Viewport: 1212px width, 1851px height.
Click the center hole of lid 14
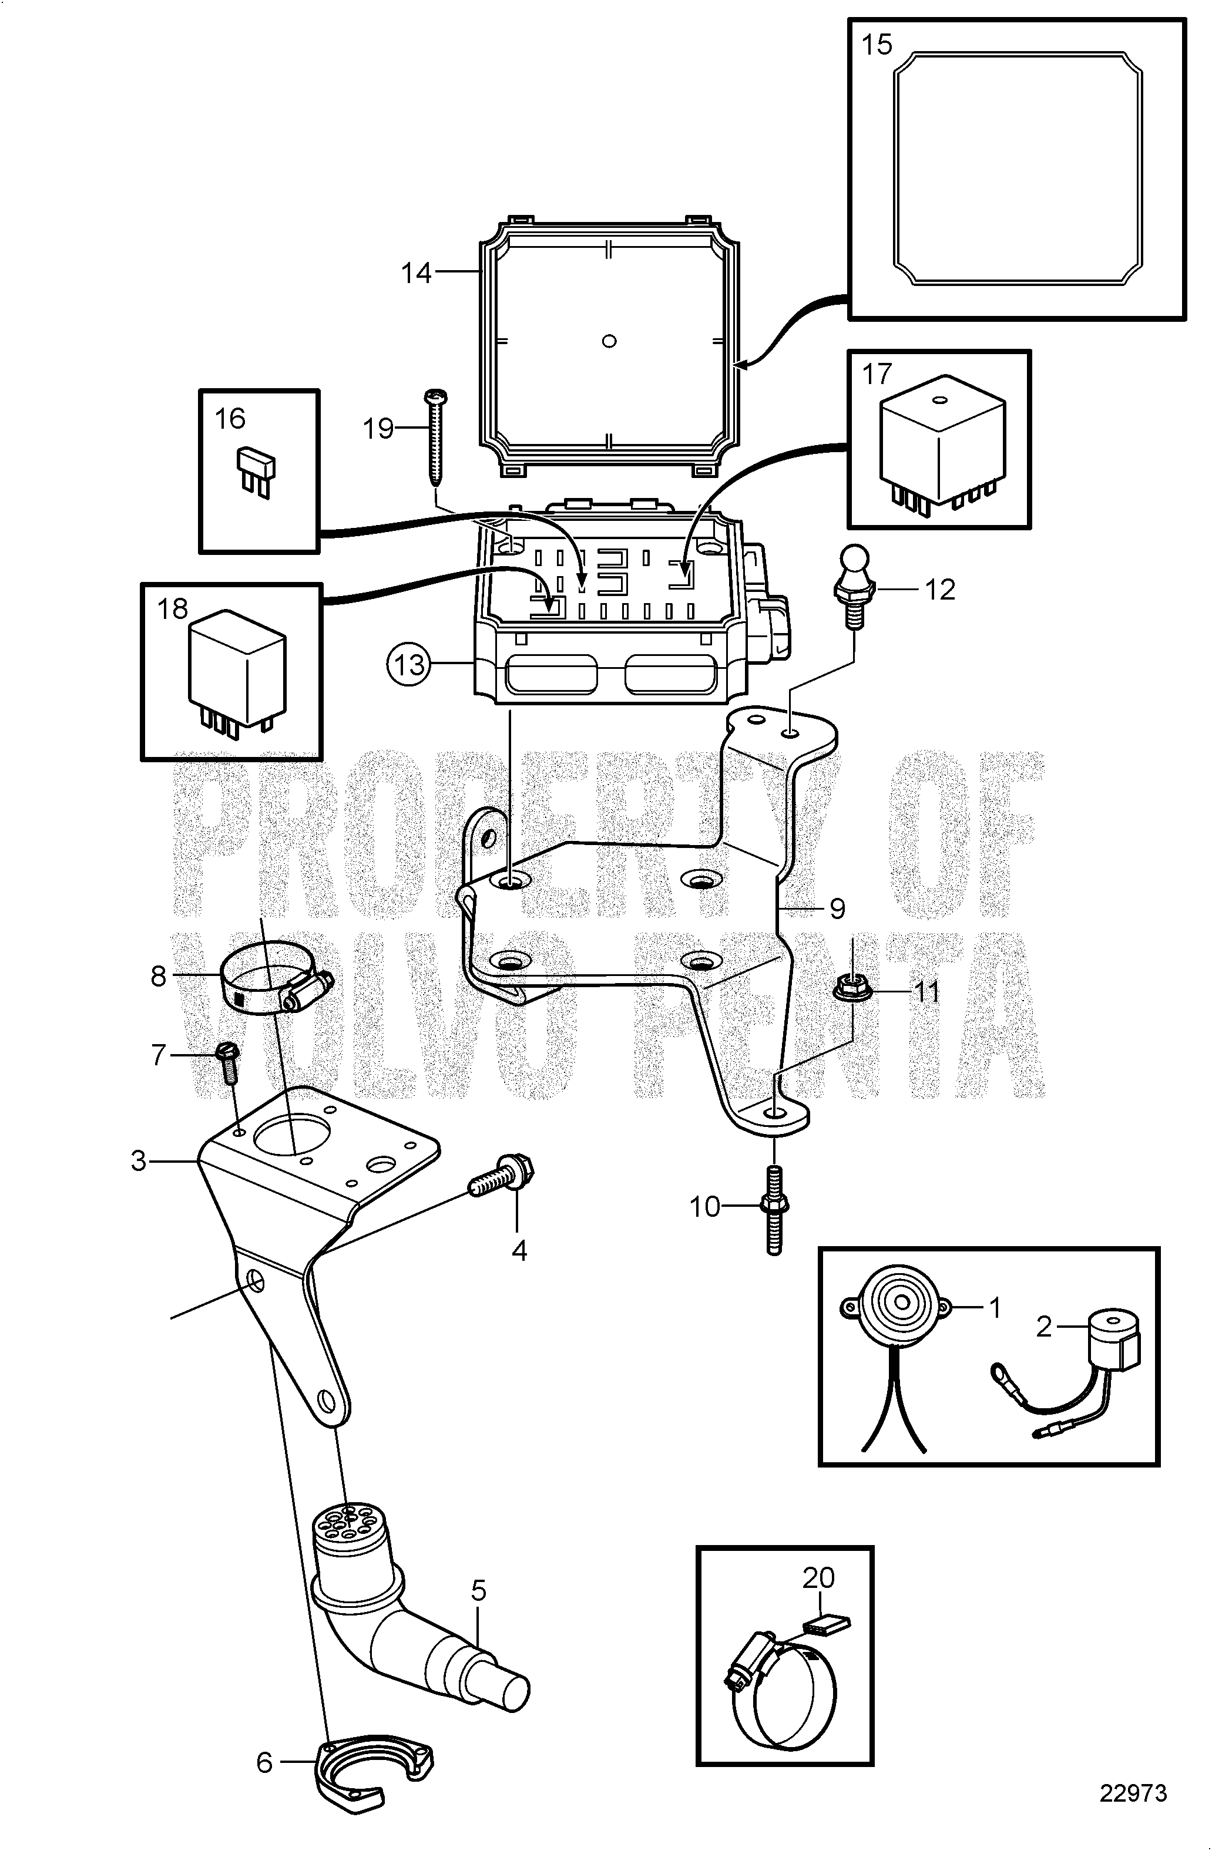[609, 340]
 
